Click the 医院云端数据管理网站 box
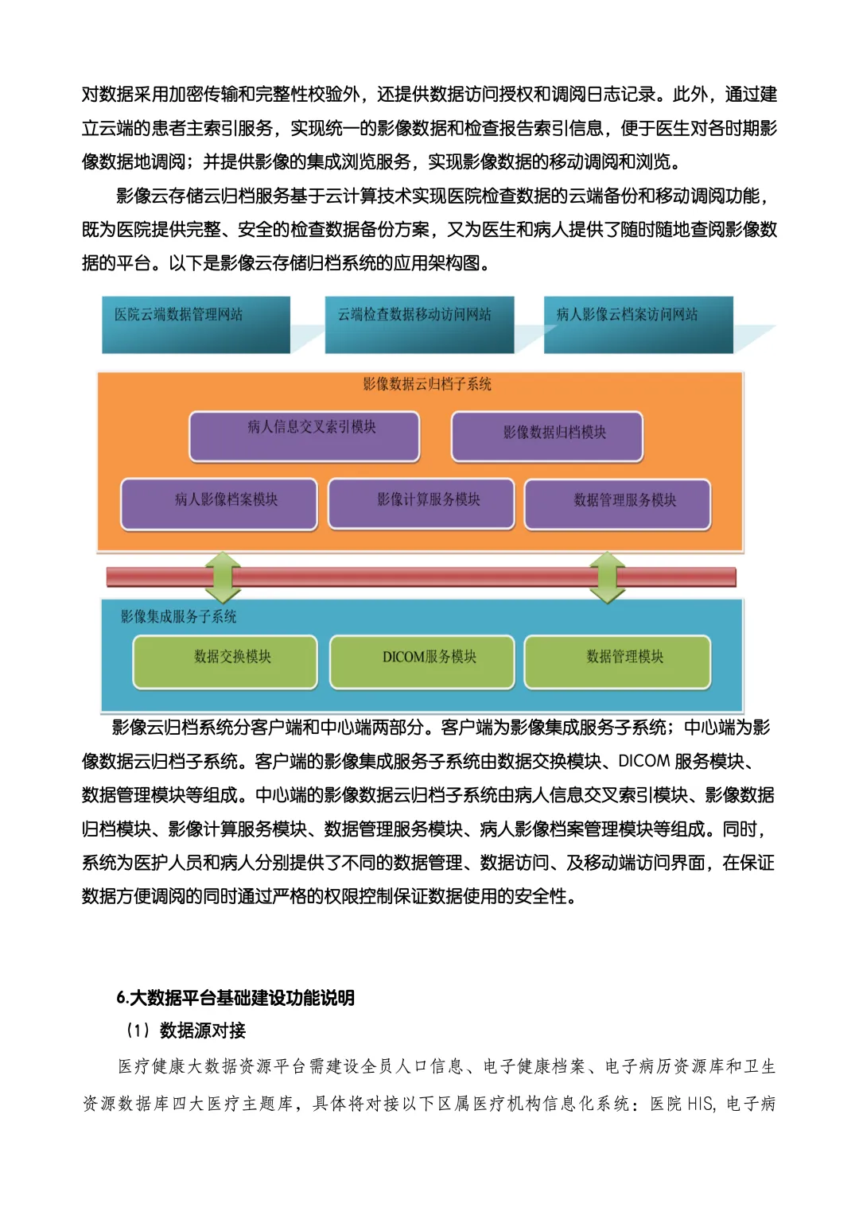click(x=196, y=324)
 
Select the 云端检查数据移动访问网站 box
click(x=419, y=324)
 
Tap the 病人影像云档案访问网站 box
click(x=638, y=324)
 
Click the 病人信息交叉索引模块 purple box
click(x=304, y=436)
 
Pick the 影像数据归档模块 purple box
click(x=547, y=436)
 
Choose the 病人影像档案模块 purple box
click(x=219, y=503)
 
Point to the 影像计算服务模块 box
click(x=421, y=503)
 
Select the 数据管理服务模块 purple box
click(x=617, y=503)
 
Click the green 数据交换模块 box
click(x=225, y=661)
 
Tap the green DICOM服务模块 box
click(x=422, y=661)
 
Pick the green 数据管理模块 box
click(x=617, y=661)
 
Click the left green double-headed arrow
click(x=223, y=576)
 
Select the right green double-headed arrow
click(x=607, y=576)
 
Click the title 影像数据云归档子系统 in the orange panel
click(x=427, y=384)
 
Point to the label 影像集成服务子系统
click(x=178, y=616)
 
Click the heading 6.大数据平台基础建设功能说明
click(x=235, y=997)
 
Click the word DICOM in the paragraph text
click(x=643, y=761)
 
